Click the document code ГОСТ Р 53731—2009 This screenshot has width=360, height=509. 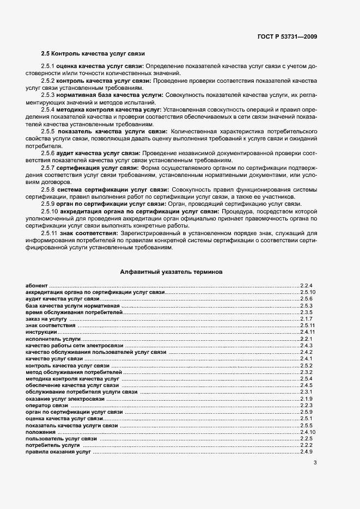coord(287,36)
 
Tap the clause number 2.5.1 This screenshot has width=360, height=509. coord(48,66)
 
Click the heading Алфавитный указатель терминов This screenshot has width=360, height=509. coord(171,271)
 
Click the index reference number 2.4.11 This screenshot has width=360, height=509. coord(307,332)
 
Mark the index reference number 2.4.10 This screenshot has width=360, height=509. coord(307,432)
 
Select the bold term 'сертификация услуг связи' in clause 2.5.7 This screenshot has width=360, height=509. coord(94,168)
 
